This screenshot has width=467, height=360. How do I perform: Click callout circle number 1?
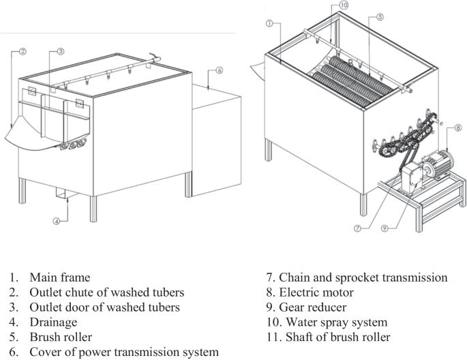[x=270, y=23]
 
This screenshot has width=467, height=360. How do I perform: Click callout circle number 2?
[x=22, y=51]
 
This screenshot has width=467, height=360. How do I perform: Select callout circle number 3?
[x=61, y=51]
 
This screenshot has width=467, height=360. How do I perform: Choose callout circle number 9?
[x=386, y=229]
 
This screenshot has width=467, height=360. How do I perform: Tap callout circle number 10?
[x=344, y=5]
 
